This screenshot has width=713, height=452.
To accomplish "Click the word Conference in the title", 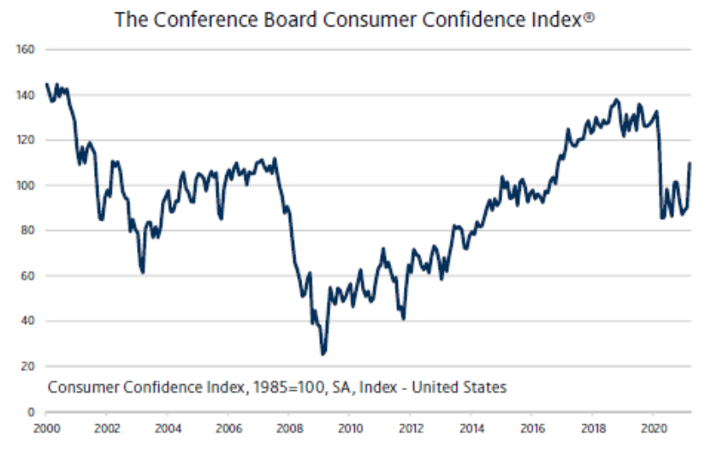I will point(191,19).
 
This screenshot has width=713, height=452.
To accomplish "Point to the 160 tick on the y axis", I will point(25,50).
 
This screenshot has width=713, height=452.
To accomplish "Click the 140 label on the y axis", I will point(25,95).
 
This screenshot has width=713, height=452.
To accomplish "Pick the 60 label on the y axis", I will point(27,276).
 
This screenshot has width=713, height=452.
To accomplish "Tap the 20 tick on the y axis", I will point(27,367).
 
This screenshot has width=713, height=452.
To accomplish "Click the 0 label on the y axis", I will point(30,411).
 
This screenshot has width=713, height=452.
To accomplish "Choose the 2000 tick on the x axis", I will point(46,428).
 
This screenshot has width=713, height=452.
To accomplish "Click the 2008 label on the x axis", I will point(290,428).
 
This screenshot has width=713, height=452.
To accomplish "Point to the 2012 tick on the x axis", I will point(412,428).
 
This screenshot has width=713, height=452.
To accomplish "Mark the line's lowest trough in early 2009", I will point(323,354).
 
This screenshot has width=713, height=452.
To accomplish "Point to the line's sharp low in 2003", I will point(142,272).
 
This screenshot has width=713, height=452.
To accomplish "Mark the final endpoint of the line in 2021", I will point(689,163).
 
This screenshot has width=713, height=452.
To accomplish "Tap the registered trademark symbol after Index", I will point(589,15).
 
